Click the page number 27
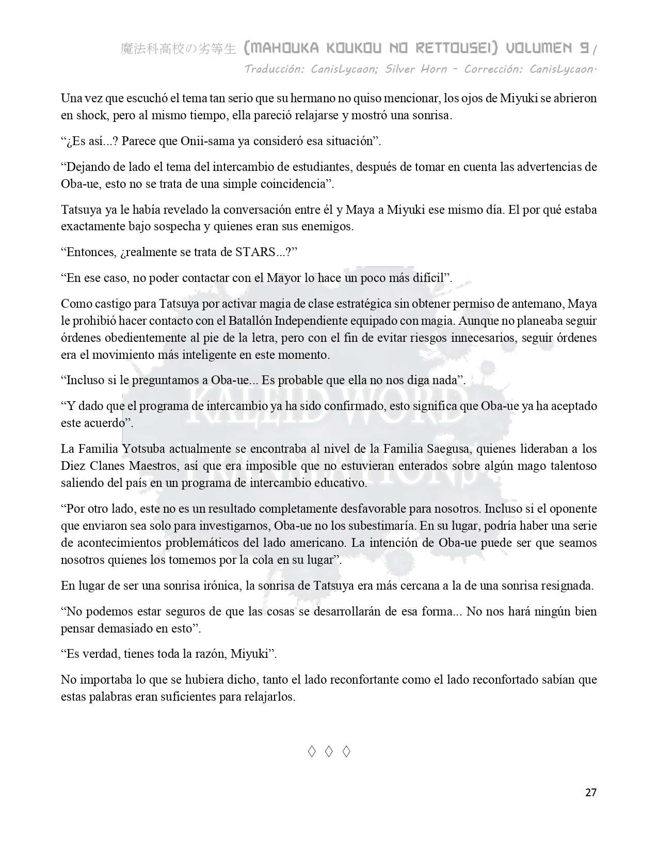[591, 793]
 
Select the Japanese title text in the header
[178, 49]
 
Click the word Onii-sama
[214, 141]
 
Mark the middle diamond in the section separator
[329, 752]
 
